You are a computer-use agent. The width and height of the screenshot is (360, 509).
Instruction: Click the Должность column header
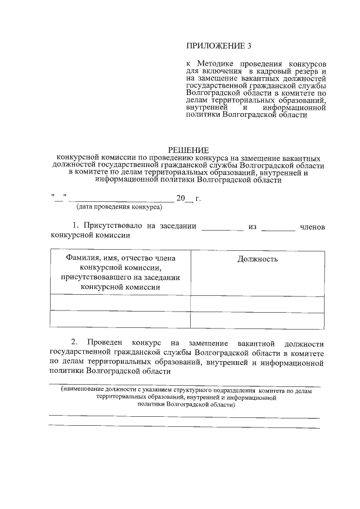[x=257, y=259]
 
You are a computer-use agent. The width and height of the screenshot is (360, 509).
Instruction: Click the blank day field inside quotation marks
[x=60, y=198]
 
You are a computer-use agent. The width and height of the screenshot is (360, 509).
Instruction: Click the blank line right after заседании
[x=222, y=228]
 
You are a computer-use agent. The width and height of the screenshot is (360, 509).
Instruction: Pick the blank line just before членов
[x=278, y=228]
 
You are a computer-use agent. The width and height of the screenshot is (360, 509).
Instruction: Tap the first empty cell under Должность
[x=257, y=303]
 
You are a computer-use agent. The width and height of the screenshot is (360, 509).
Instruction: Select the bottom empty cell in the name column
[x=120, y=319]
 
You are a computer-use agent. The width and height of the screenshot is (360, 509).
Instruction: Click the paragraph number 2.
[x=74, y=343]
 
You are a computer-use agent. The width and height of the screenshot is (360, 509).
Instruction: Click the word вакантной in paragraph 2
[x=255, y=343]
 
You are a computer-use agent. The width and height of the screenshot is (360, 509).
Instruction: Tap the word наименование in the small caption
[x=84, y=390]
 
